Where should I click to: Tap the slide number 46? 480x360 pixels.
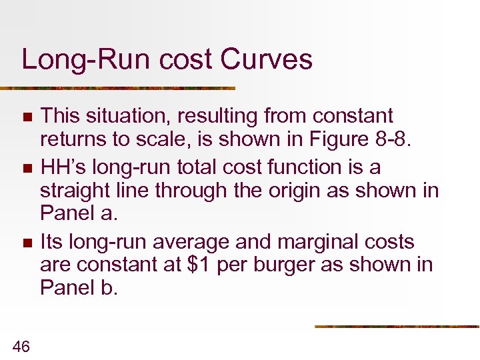click(x=21, y=346)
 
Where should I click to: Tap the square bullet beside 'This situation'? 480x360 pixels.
click(x=27, y=117)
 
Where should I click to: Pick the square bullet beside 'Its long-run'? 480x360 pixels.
click(x=27, y=242)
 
